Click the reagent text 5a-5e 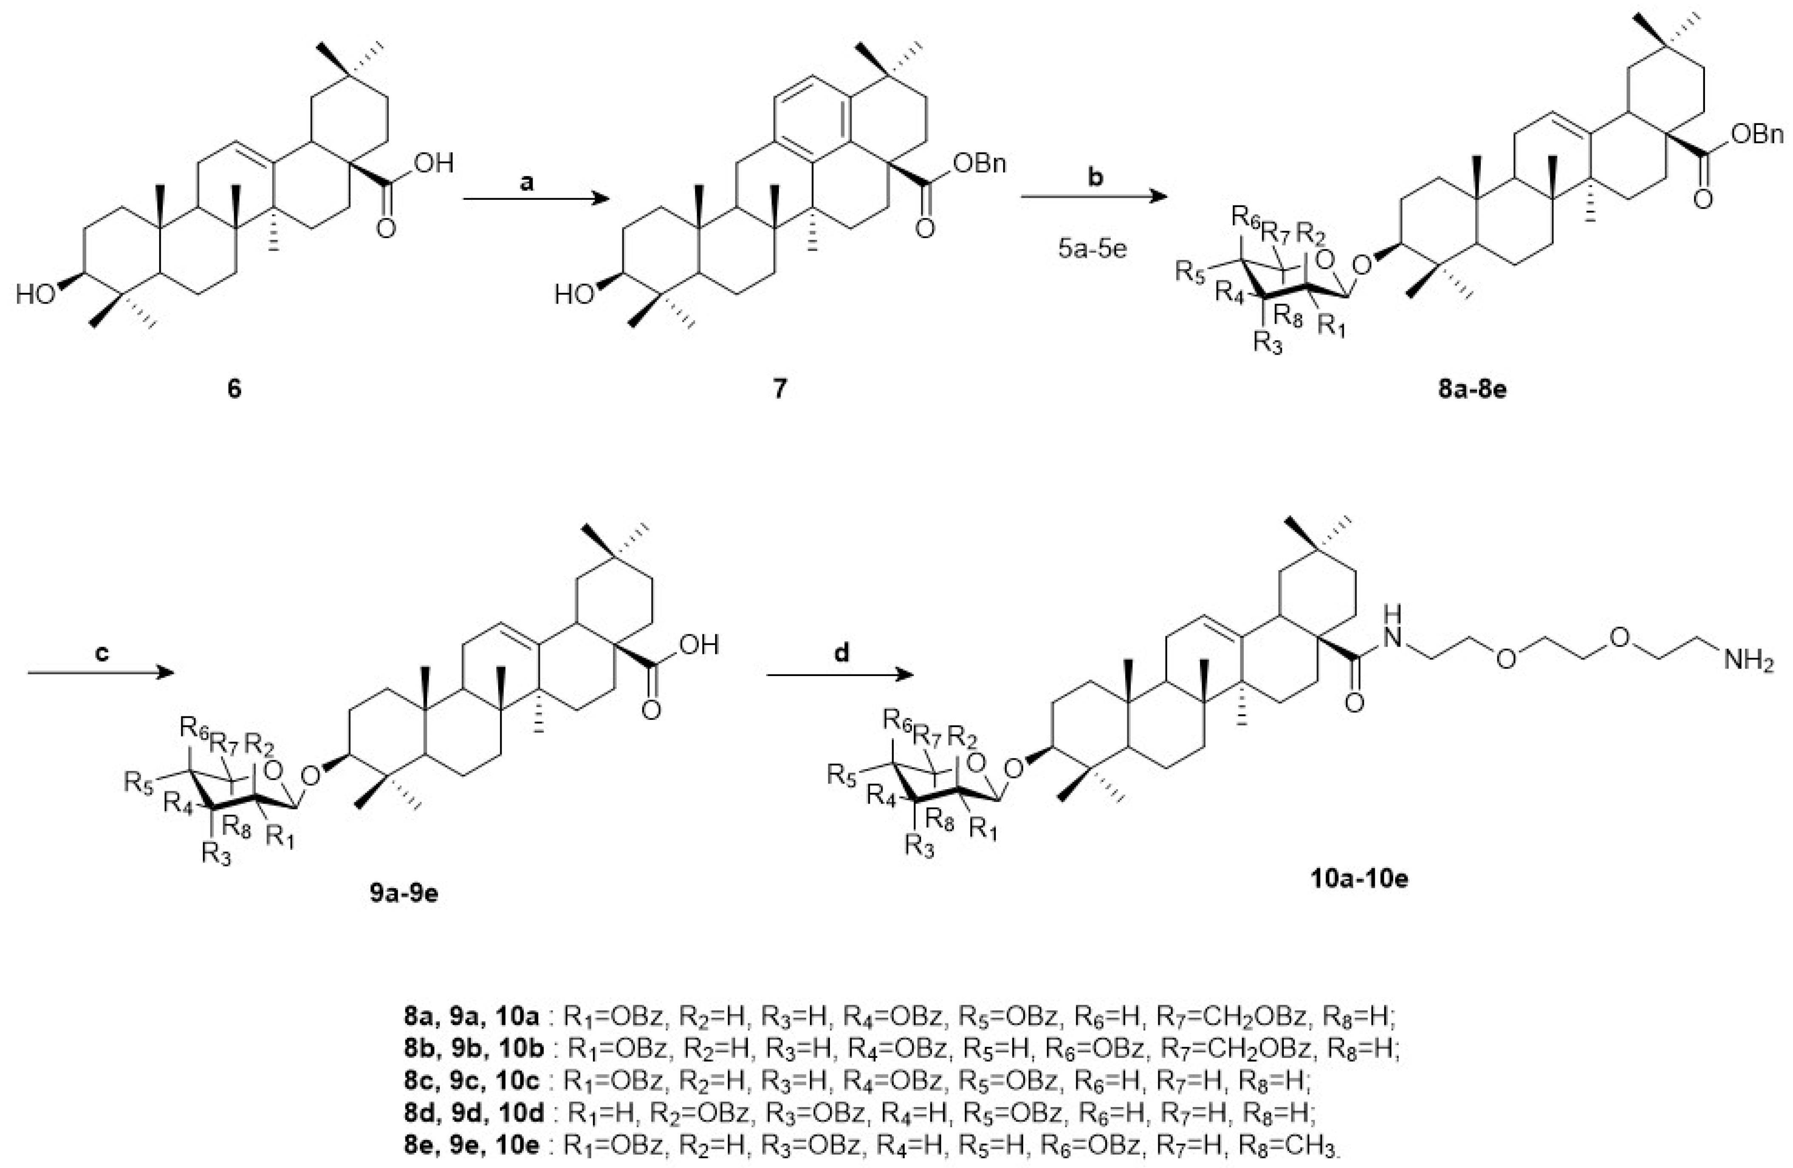[x=1092, y=248]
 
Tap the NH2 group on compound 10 [x=1749, y=663]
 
